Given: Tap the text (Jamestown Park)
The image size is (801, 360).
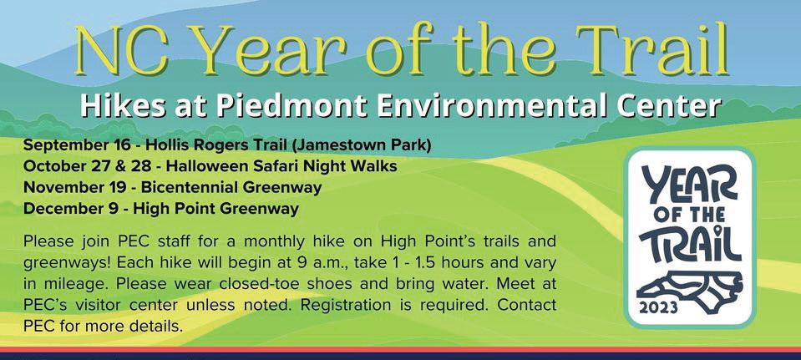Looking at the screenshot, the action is (x=362, y=146).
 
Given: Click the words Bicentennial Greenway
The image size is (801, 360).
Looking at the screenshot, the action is (x=231, y=188).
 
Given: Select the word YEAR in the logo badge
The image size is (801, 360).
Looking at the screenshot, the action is (x=690, y=185).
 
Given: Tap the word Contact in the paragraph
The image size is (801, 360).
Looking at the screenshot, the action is (x=528, y=305).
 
